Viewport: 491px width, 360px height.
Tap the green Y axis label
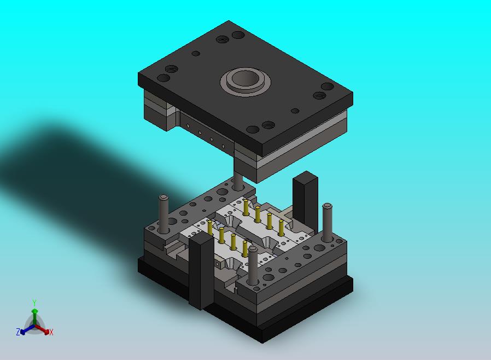(34, 303)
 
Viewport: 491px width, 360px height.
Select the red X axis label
(51, 333)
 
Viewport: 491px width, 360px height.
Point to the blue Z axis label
(18, 332)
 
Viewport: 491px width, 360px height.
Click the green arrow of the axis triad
(34, 317)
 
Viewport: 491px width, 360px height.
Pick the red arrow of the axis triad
(42, 329)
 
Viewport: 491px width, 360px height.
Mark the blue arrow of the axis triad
(27, 329)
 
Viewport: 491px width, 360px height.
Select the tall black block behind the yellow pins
(305, 201)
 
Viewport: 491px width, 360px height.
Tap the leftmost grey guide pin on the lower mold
(163, 214)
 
